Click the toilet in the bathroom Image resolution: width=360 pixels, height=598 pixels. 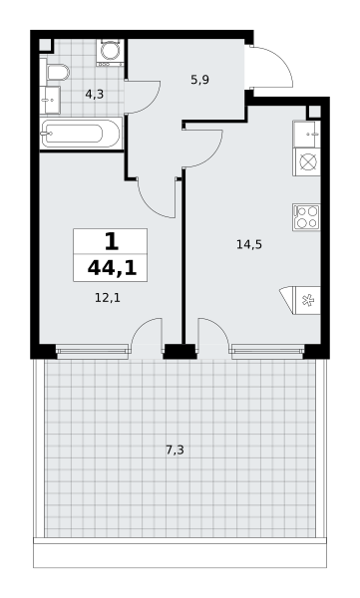57,72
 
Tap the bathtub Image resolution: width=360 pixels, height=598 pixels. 81,134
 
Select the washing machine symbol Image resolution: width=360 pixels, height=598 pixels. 111,52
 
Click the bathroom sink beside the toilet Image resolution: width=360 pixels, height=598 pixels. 51,100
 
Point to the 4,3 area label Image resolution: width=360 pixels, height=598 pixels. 95,94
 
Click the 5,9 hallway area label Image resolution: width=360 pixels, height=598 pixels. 199,80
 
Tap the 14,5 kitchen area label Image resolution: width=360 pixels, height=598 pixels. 249,244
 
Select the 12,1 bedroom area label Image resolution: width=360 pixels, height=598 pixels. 108,297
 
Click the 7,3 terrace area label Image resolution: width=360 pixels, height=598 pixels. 175,450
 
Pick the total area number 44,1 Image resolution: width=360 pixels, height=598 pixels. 112,268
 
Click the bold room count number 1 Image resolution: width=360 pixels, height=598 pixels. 111,241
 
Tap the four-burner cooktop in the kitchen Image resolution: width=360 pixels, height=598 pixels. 306,217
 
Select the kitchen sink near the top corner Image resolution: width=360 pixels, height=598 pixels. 306,134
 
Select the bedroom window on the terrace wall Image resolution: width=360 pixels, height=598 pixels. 92,352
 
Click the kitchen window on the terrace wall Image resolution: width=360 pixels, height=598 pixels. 267,352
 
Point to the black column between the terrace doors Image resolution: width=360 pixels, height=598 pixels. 180,352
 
